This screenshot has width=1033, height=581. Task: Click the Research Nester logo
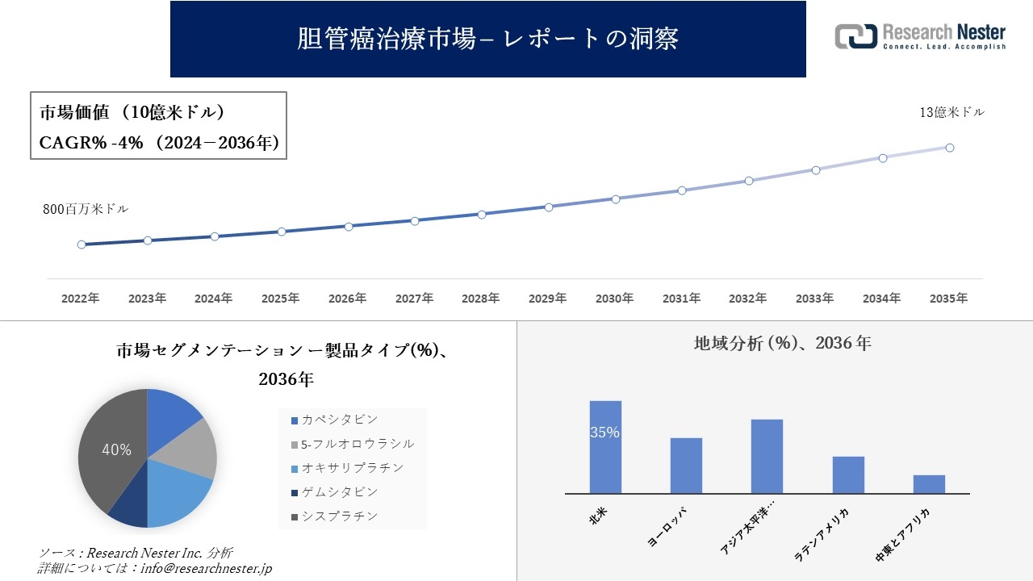click(920, 36)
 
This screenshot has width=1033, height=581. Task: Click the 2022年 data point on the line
click(82, 245)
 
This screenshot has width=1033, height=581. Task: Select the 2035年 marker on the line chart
click(950, 148)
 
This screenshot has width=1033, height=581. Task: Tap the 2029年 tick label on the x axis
click(547, 299)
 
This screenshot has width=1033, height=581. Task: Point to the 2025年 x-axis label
click(280, 299)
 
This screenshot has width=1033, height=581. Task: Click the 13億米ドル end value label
click(952, 113)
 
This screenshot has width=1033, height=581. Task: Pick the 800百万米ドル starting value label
click(86, 209)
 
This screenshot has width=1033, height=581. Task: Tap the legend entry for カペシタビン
click(339, 420)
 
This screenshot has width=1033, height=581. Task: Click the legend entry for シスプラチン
click(339, 516)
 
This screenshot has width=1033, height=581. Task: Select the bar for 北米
click(605, 447)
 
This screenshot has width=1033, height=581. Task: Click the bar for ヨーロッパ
click(686, 466)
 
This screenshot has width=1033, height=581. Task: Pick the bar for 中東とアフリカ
click(929, 484)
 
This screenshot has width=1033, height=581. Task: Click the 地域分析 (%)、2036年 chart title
click(782, 343)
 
